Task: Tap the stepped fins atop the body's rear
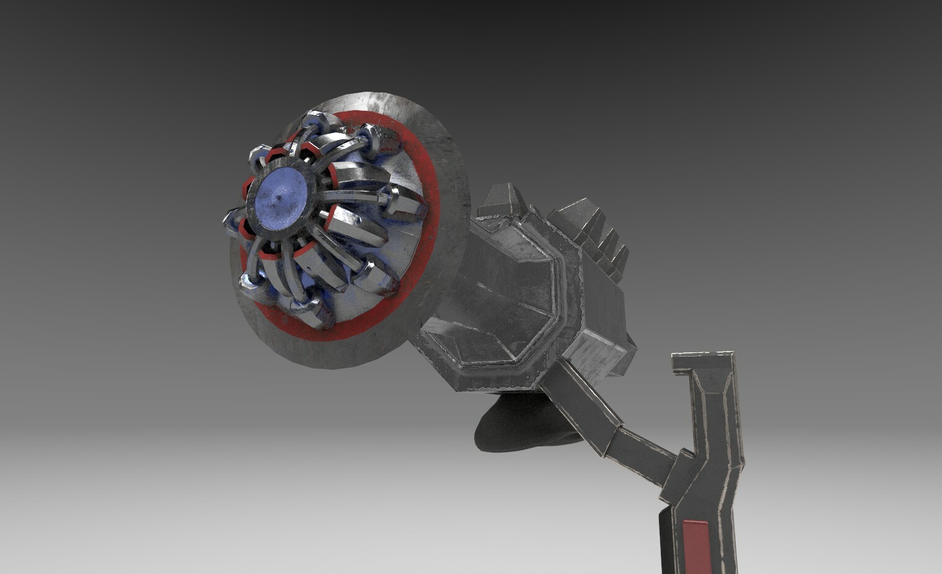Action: (595, 229)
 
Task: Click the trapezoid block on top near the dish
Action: (499, 201)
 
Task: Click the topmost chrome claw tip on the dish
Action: (316, 120)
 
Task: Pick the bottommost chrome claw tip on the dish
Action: (313, 313)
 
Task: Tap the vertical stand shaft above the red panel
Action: (712, 433)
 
